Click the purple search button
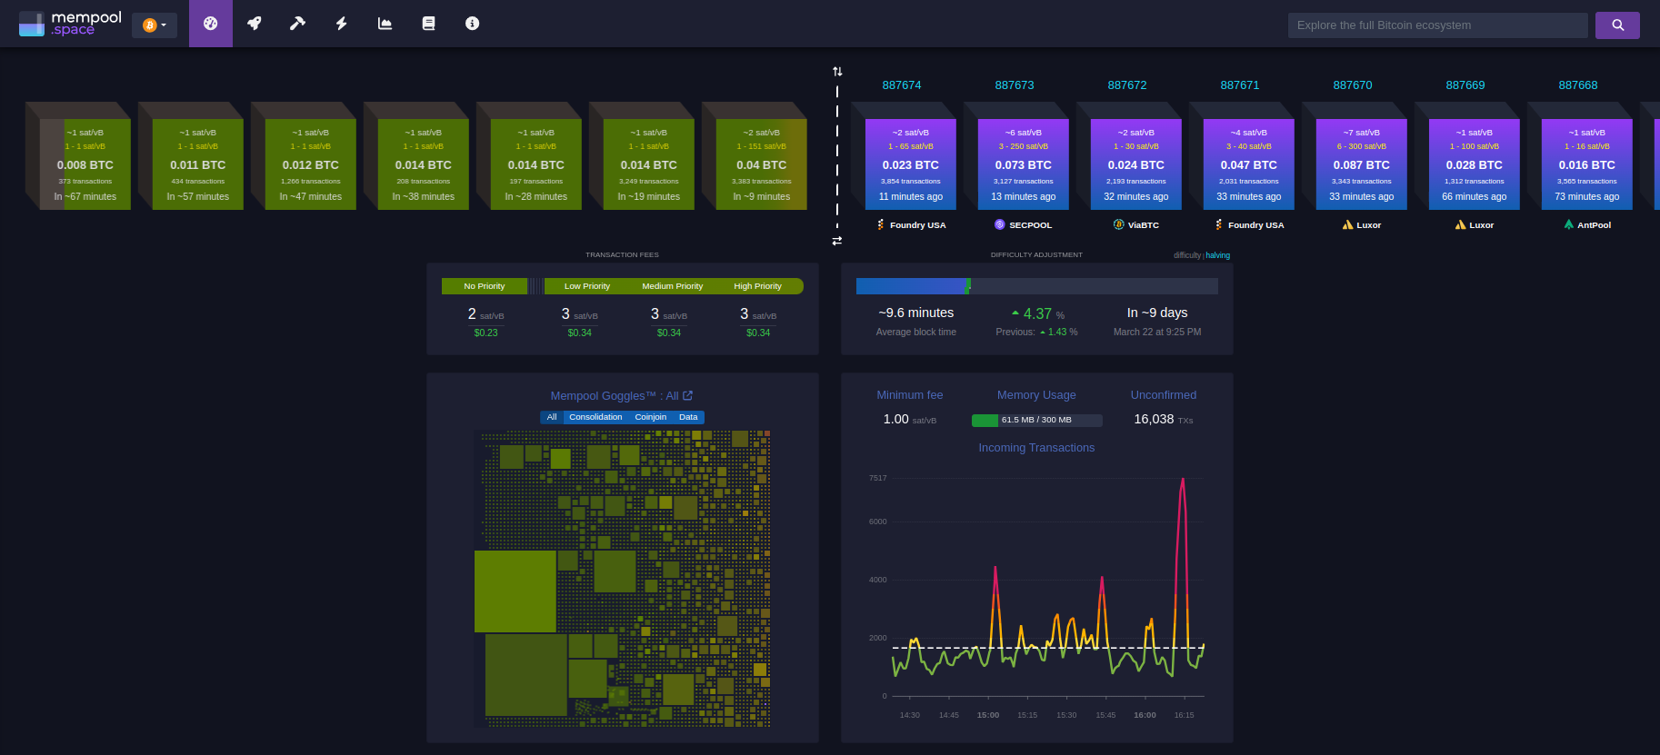point(1617,25)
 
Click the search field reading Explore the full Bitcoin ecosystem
point(1436,25)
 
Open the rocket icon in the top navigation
point(255,24)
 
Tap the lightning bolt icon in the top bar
point(342,24)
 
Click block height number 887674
point(902,85)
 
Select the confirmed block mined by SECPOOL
point(1023,164)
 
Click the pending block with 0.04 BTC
point(761,164)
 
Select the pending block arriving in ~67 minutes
point(85,164)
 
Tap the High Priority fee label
point(757,286)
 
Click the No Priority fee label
point(484,286)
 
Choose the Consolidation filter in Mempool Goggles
point(595,417)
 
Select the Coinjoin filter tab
point(650,417)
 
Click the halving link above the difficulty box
point(1217,255)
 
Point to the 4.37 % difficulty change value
point(1037,313)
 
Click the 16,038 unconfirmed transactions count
point(1154,419)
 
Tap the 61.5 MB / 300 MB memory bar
point(1036,420)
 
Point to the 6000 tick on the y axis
point(877,522)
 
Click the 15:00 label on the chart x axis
point(987,715)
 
